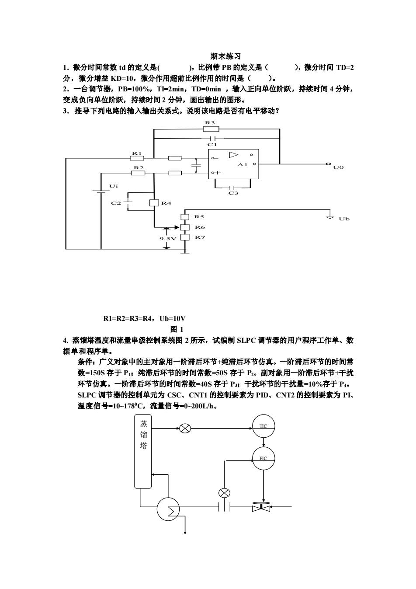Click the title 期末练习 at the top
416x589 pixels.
(x=225, y=56)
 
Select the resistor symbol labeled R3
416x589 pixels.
(x=211, y=129)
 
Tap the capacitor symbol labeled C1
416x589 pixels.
(x=213, y=138)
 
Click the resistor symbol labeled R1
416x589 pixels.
(x=137, y=158)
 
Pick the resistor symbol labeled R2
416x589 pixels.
(x=138, y=173)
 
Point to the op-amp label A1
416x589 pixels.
(x=242, y=164)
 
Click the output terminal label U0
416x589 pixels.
(x=338, y=167)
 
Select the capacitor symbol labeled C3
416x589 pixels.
(x=232, y=188)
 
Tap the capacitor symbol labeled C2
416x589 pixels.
(x=128, y=203)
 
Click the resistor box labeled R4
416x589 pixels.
(x=154, y=203)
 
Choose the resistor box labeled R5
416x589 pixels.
(x=185, y=217)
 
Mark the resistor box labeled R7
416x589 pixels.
(x=185, y=237)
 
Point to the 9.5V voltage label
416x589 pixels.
(x=168, y=238)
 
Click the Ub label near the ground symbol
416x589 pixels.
(x=344, y=219)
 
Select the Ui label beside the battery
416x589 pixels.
(x=114, y=186)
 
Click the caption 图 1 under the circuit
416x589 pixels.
(x=177, y=329)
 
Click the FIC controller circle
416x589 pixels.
(x=263, y=458)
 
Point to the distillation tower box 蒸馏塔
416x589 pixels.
(x=143, y=451)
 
